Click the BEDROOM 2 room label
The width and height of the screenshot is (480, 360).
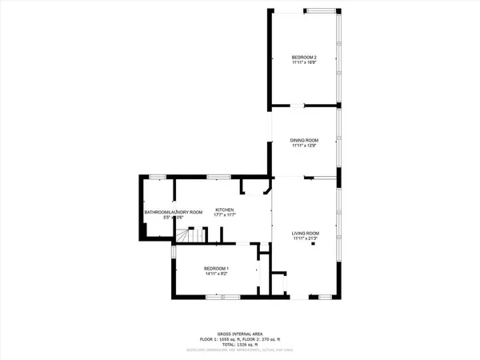pyautogui.click(x=304, y=58)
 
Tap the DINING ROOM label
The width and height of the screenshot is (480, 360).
pyautogui.click(x=304, y=140)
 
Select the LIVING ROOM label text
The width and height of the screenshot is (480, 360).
pyautogui.click(x=305, y=233)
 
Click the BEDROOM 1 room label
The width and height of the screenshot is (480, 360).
pyautogui.click(x=216, y=268)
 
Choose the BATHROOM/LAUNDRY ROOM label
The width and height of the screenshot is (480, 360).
pyautogui.click(x=167, y=212)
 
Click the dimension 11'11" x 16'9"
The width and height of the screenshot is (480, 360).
pyautogui.click(x=304, y=63)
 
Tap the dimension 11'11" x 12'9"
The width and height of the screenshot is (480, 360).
pyautogui.click(x=304, y=146)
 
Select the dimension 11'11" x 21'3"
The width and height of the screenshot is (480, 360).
pyautogui.click(x=305, y=238)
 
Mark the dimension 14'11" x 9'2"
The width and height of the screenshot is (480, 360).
pyautogui.click(x=216, y=274)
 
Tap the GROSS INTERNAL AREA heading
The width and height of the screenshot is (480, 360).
pyautogui.click(x=240, y=334)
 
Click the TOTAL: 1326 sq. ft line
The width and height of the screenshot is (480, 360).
pyautogui.click(x=240, y=345)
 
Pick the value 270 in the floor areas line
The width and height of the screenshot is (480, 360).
pyautogui.click(x=274, y=339)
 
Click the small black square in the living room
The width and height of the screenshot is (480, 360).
pyautogui.click(x=314, y=246)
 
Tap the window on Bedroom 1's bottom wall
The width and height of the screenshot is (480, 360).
pyautogui.click(x=217, y=297)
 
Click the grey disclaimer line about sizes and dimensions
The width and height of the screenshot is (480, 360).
pyautogui.click(x=240, y=350)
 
